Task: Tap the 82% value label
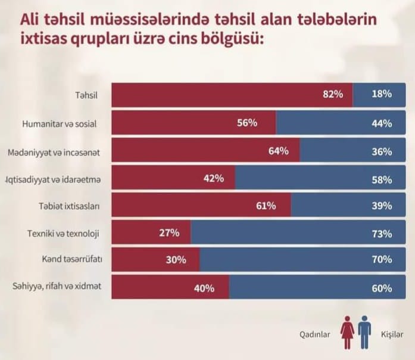pos(334,94)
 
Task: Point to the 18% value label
pos(382,94)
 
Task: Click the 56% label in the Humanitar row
pos(246,123)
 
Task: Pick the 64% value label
pos(279,151)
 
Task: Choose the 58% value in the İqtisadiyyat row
pos(382,179)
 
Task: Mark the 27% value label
pos(170,233)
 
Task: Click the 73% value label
pos(382,233)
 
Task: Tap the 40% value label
pos(204,288)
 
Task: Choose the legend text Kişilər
pos(392,334)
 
